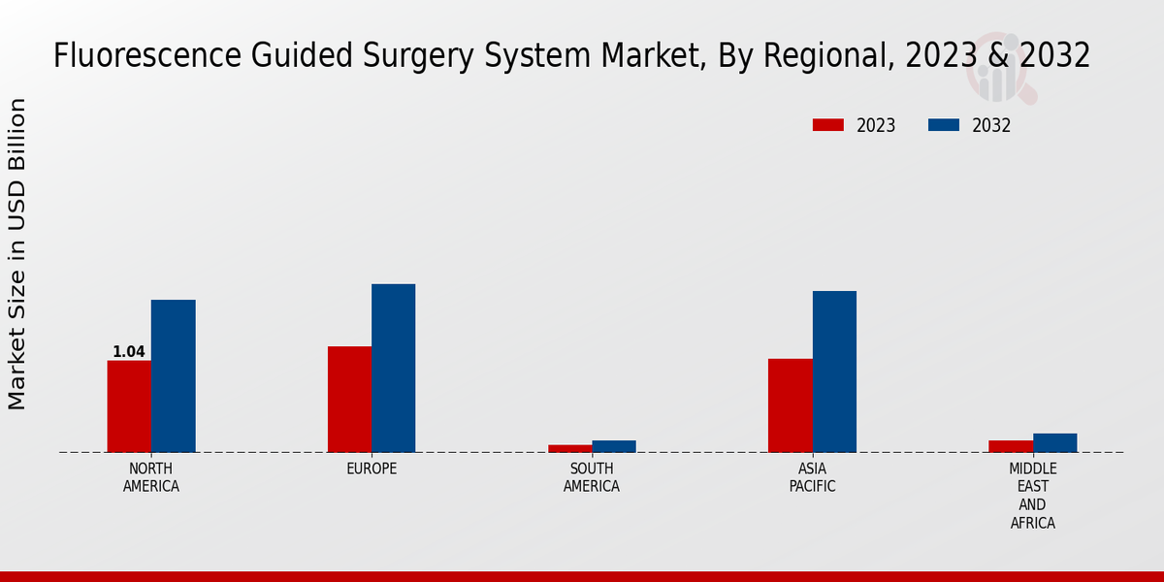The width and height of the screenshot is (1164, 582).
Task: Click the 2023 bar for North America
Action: (x=129, y=406)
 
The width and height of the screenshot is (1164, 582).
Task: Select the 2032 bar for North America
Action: (x=173, y=376)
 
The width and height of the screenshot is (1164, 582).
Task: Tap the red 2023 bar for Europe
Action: (x=349, y=400)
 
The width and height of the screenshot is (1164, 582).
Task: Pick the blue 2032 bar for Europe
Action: (x=393, y=369)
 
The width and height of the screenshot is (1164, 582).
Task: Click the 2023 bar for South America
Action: (x=569, y=448)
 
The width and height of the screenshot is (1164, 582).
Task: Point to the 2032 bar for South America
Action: (x=614, y=446)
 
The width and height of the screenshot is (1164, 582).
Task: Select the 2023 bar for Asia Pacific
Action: (x=790, y=405)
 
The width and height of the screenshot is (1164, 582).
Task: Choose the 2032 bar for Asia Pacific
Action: (x=834, y=372)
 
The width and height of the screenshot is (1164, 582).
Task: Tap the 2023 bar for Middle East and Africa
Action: (x=1011, y=446)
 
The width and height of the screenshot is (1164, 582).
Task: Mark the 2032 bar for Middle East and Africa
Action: (x=1054, y=442)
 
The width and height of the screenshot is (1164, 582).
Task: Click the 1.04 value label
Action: (x=129, y=352)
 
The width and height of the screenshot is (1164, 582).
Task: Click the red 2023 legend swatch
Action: (x=828, y=125)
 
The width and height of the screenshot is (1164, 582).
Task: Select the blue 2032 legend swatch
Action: (x=944, y=125)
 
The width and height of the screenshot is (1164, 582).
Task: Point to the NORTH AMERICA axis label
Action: (x=151, y=477)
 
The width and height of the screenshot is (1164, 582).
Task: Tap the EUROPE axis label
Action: (x=372, y=469)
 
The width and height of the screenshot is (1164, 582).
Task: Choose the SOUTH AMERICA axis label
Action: (x=592, y=477)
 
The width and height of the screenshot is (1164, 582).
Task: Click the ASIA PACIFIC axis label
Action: (x=812, y=477)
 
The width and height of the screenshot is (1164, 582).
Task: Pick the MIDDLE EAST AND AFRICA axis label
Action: (x=1032, y=496)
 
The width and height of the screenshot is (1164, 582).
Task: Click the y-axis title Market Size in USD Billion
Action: (x=17, y=254)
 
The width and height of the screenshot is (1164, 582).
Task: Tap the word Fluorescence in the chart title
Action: (x=133, y=56)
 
